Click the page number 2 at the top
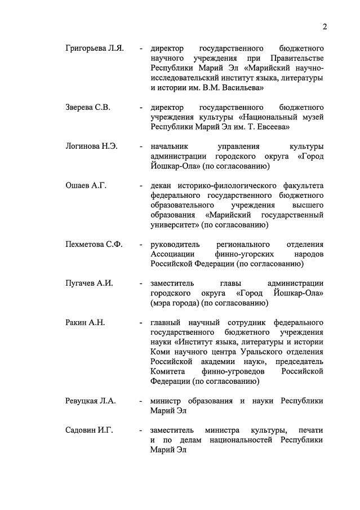[x=325, y=26]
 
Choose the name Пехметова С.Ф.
[x=94, y=244]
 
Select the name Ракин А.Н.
[x=85, y=322]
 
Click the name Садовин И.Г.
[x=89, y=430]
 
